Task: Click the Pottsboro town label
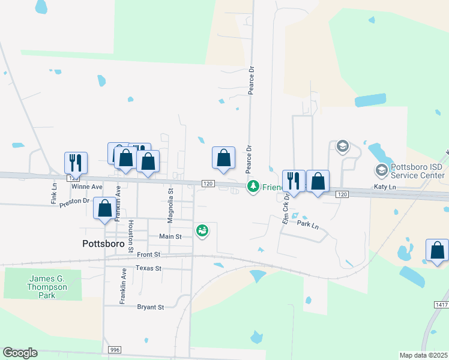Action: tap(103, 244)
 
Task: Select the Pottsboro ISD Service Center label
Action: tap(419, 171)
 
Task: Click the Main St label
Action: tap(170, 236)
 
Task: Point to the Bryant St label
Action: tap(150, 307)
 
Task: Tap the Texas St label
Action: tap(148, 268)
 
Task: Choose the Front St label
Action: tap(148, 254)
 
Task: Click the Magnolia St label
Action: tap(170, 205)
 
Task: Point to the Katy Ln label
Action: tap(385, 187)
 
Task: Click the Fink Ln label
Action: tap(52, 192)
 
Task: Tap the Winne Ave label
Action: tap(88, 187)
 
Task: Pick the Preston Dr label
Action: tap(77, 201)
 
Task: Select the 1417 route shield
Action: tap(441, 305)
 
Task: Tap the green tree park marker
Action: tap(253, 187)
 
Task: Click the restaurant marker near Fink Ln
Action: tap(76, 163)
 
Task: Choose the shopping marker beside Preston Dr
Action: tap(104, 209)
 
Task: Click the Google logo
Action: tap(20, 353)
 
